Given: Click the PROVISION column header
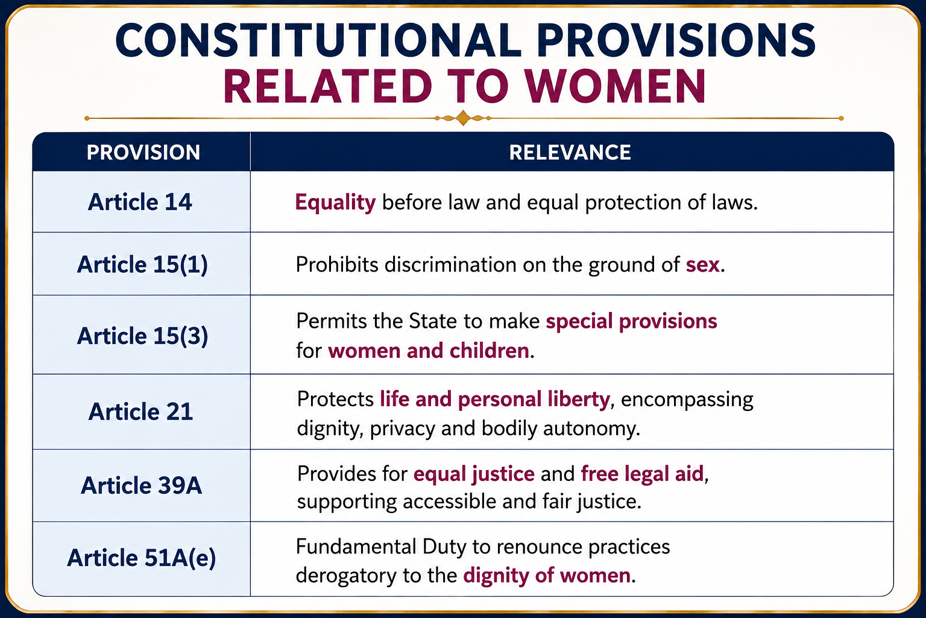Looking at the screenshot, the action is pos(143,152).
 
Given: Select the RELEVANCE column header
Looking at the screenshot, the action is pos(570,152).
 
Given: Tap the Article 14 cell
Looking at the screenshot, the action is pos(140,202).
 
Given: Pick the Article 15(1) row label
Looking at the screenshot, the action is pos(142,264).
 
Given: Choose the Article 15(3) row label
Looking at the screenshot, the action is pos(142,336).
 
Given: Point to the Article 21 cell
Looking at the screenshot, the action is pos(140,412).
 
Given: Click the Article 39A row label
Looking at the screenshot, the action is pos(142,485).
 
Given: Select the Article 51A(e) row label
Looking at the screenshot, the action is pos(142,558).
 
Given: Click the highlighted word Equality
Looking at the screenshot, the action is pos(335,203).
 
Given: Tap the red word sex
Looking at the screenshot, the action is pos(703,265).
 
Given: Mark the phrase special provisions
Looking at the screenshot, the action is pos(631,322).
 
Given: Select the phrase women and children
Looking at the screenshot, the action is pos(429,351).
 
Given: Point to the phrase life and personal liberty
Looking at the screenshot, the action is pos(495,400).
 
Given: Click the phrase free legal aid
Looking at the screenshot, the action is pos(642,474).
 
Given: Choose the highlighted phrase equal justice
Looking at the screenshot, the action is pos(474,474).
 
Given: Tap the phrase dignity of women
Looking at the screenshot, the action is pos(547,576).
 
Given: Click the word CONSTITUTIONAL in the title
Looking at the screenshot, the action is pos(318,40).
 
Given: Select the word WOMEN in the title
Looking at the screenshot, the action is pos(616,86).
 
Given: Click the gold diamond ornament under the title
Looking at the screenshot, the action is pos(463,118).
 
